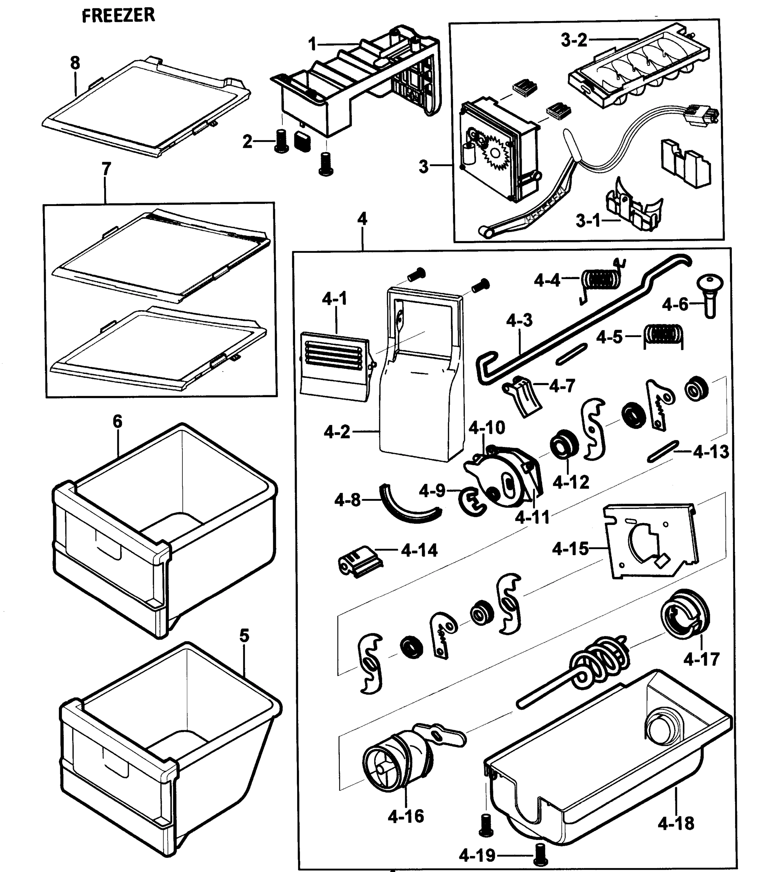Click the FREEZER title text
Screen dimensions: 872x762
pos(118,16)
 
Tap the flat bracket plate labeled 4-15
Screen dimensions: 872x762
pos(650,542)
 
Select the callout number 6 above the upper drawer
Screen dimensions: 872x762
pos(117,421)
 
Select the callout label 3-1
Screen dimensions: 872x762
pos(588,221)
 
